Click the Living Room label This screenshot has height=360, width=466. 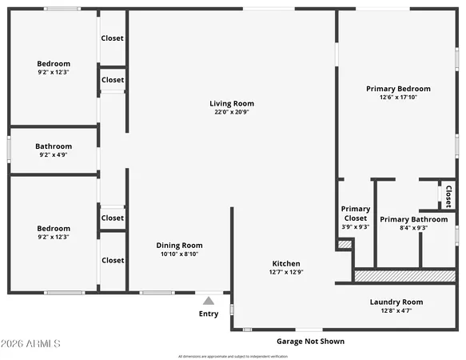point(232,103)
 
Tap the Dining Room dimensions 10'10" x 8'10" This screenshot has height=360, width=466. point(180,254)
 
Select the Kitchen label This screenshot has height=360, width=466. point(286,263)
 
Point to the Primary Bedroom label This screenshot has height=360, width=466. point(398,89)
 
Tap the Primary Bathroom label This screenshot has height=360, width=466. point(413,219)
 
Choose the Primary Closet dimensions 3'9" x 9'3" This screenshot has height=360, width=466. point(355,227)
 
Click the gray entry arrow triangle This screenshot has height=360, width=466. point(209,301)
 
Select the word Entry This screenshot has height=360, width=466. point(209,314)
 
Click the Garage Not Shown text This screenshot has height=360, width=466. point(310,341)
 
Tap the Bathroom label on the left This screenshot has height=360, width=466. point(54,146)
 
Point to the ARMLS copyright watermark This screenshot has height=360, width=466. point(32,344)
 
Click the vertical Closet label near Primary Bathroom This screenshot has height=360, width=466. point(448,196)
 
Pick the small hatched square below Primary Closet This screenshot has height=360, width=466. point(345,244)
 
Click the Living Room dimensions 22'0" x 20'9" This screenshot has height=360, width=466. point(232,112)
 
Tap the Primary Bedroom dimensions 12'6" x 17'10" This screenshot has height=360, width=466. point(398,98)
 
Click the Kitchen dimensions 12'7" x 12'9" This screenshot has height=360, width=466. point(286,272)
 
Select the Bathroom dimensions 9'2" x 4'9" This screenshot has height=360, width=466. point(54,155)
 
